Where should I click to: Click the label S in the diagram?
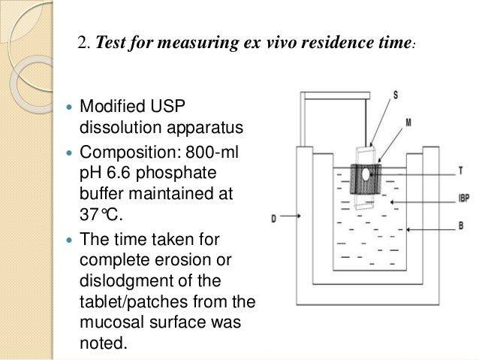pos(396,95)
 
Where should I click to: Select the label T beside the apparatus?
pos(459,171)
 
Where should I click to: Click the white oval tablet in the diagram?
pos(366,174)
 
